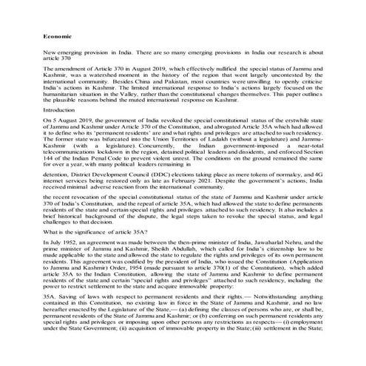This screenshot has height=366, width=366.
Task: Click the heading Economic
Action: click(x=57, y=35)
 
